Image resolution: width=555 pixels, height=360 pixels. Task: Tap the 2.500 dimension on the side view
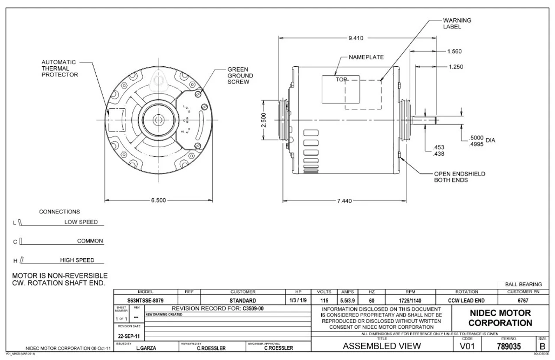coord(264,120)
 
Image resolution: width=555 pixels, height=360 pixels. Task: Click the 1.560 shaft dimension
coord(454,51)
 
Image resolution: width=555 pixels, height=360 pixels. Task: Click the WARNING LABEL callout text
coord(457,23)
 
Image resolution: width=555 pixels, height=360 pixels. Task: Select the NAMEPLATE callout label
coord(366,57)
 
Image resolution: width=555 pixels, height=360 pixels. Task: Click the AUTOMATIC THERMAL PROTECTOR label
coord(60,68)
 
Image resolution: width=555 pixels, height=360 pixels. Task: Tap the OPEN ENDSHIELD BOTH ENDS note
coord(460,177)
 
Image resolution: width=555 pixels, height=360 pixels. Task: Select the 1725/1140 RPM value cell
coord(410,300)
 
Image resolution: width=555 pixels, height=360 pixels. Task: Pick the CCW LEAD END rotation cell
coord(467,300)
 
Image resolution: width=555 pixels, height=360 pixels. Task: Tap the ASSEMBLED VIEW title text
coord(382,346)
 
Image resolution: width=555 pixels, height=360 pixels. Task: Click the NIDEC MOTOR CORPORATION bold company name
coord(499,318)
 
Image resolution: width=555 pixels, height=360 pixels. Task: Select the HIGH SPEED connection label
coord(77,260)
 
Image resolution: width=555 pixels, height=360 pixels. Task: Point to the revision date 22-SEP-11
coord(128,335)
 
